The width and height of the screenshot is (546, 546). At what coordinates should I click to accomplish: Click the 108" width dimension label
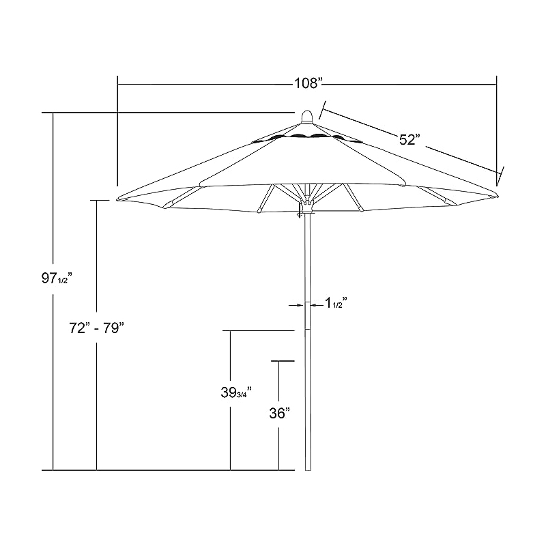pos(307,84)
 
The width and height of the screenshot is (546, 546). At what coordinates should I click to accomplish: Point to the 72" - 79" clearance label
pos(99,328)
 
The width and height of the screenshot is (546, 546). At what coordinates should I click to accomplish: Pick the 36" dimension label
pos(279,413)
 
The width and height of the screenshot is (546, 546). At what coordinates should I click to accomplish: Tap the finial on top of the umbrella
pos(308,115)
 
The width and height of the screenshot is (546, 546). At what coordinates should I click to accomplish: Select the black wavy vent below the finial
pos(307,138)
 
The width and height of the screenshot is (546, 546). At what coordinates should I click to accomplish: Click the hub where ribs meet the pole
pos(308,203)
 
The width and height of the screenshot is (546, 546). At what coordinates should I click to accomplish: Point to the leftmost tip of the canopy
pos(118,199)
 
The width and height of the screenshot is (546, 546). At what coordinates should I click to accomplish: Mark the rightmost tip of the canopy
pos(498,197)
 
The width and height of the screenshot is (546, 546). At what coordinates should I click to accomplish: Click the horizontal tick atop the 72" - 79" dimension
pos(100,200)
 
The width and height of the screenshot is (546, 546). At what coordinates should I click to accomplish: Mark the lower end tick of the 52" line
pos(501,175)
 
